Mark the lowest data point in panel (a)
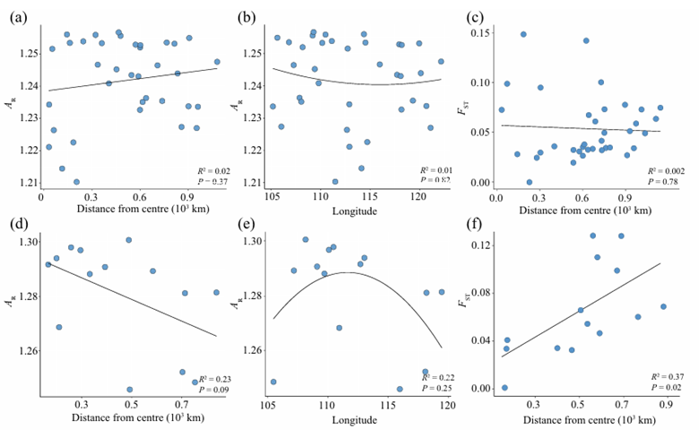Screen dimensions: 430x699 click(76, 182)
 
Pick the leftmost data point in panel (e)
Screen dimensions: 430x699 click(273, 382)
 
